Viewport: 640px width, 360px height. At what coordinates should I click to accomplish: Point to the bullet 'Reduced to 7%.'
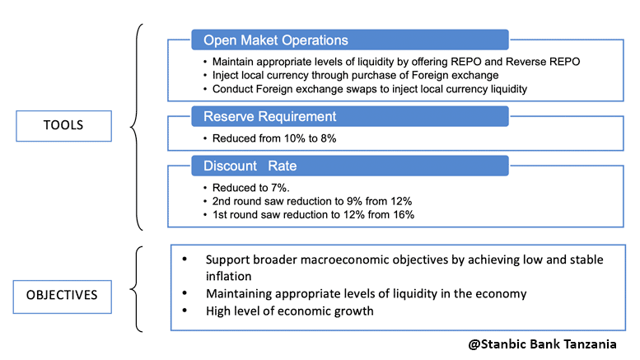click(x=245, y=188)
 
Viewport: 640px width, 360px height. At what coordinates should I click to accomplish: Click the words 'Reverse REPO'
click(x=554, y=63)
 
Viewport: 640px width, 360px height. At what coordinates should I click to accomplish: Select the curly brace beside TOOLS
click(x=136, y=126)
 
